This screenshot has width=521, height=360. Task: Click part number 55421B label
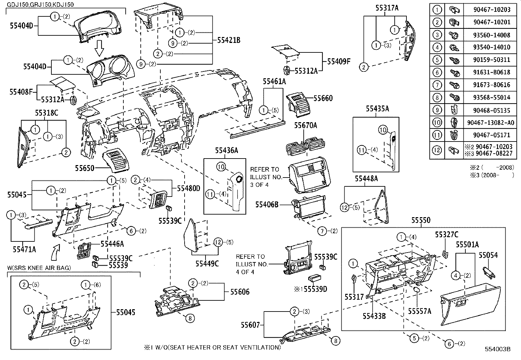click(229, 40)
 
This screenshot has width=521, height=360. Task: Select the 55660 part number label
click(323, 98)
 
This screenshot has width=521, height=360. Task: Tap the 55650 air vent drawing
click(116, 161)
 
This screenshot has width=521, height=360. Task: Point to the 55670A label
click(305, 125)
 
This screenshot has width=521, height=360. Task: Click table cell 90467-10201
click(492, 22)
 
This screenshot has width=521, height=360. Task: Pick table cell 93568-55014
click(492, 98)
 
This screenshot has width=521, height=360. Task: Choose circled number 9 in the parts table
click(437, 110)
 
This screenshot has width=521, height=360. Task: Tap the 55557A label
click(420, 311)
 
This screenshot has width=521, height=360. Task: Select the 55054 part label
click(488, 255)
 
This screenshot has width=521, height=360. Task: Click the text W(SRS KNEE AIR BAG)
click(39, 268)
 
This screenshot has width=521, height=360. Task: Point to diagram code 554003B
click(498, 349)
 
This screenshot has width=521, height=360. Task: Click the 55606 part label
click(240, 292)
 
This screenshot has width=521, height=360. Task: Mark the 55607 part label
click(250, 325)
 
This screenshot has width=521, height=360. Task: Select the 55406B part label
click(267, 205)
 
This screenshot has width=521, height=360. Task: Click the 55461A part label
click(274, 82)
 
